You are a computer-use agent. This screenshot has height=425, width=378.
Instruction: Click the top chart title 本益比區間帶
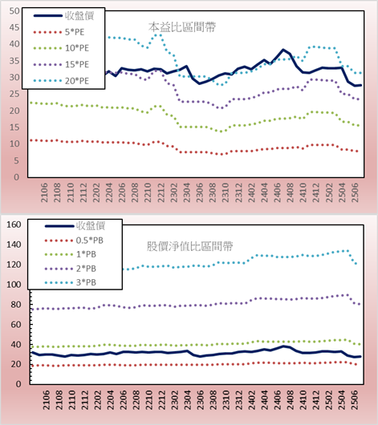click(x=182, y=27)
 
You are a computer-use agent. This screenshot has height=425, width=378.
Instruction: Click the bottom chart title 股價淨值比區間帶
click(x=189, y=246)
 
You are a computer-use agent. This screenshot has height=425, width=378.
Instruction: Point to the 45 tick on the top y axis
click(x=14, y=27)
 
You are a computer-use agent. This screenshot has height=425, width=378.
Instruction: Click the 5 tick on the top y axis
click(x=17, y=160)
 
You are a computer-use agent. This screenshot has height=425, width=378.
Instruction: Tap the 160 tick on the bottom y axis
click(x=14, y=225)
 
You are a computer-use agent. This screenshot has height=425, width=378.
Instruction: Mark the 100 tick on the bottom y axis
click(x=14, y=285)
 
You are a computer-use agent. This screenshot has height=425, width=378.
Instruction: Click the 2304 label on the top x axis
click(x=187, y=192)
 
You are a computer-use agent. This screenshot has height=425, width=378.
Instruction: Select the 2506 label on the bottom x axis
click(x=355, y=400)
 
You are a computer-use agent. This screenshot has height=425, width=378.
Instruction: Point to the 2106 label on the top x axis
click(x=44, y=192)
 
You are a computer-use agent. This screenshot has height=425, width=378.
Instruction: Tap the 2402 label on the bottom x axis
click(x=252, y=400)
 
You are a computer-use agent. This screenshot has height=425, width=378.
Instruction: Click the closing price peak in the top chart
click(x=283, y=50)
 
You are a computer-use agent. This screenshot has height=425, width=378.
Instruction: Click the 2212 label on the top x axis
click(x=161, y=192)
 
